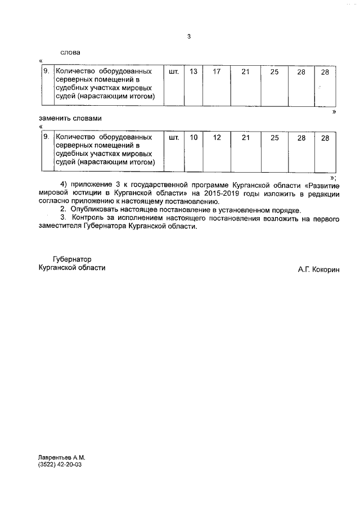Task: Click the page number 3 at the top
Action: tap(189, 37)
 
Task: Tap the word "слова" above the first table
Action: tap(70, 52)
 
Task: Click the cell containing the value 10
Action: tap(193, 138)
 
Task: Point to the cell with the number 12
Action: tap(217, 138)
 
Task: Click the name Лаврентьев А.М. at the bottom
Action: tap(61, 458)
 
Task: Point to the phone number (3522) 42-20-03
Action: tap(60, 466)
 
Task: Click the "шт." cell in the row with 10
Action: tap(174, 138)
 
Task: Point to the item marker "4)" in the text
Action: tap(64, 184)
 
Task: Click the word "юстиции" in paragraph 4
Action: tap(84, 192)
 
